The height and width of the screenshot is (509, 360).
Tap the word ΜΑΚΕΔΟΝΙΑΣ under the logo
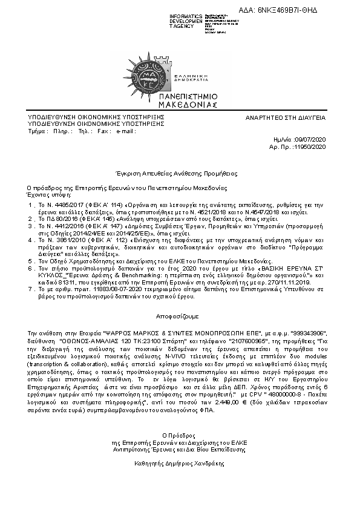pyautogui.click(x=180, y=103)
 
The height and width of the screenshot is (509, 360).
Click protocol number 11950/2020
pyautogui.click(x=310, y=146)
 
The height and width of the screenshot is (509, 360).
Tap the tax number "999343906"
pyautogui.click(x=308, y=333)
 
